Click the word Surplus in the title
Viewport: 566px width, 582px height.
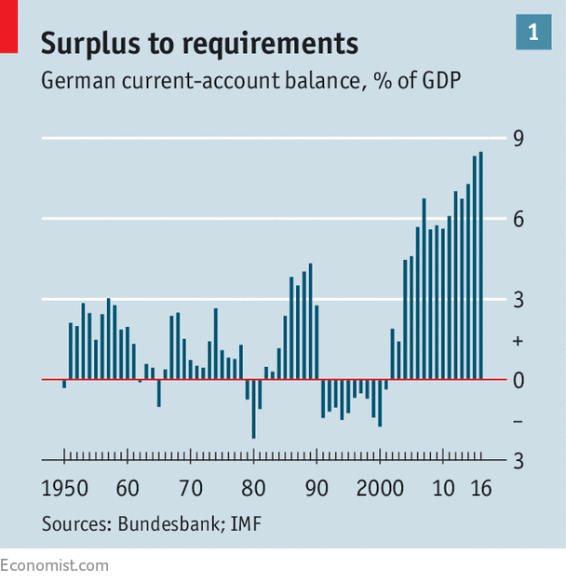90,44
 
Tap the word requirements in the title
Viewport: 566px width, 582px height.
271,45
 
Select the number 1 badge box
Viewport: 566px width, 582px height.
533,32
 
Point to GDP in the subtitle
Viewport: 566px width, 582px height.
441,80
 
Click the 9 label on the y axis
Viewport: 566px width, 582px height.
519,139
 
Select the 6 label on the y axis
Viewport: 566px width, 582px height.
519,220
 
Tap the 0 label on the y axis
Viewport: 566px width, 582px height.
519,381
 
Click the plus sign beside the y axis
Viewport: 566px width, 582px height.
519,341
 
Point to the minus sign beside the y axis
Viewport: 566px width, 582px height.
519,421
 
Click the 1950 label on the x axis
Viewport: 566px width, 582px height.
64,488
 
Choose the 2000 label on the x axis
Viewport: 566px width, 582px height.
380,488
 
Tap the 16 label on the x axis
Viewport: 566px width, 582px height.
481,488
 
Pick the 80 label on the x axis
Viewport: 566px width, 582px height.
253,488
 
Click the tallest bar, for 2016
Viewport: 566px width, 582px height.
480,265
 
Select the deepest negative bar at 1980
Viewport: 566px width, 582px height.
253,409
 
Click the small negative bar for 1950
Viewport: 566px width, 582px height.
64,384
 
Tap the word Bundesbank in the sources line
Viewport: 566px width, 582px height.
168,523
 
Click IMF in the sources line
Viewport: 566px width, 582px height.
246,523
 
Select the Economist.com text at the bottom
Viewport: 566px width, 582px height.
54,565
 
